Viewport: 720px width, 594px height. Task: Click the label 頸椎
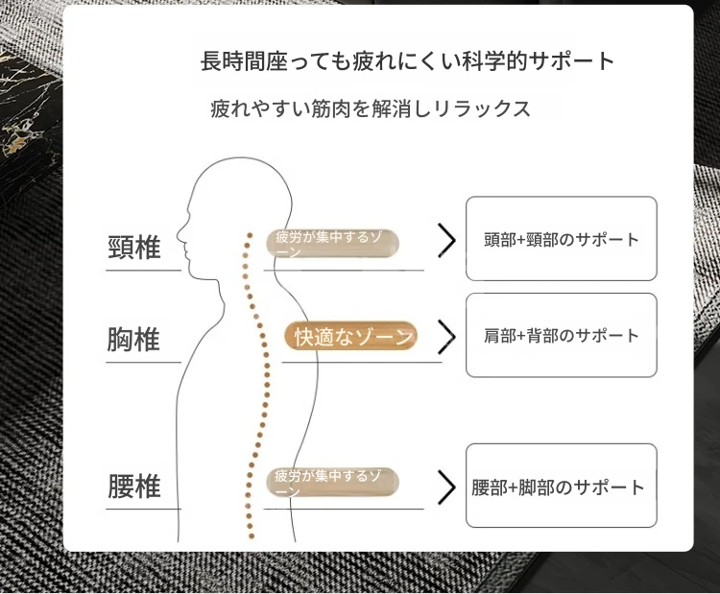coord(134,248)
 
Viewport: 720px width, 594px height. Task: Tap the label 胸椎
coord(133,340)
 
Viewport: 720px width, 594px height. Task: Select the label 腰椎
coord(134,487)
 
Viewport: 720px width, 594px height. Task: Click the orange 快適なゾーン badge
coord(351,336)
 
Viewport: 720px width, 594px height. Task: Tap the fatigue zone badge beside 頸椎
coord(332,244)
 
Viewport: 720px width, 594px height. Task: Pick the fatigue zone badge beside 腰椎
coord(332,483)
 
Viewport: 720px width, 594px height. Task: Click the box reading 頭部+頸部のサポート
coord(562,239)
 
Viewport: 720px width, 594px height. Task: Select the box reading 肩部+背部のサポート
coord(562,335)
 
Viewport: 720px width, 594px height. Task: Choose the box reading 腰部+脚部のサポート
coord(562,486)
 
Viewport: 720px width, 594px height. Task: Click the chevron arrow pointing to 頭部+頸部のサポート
coord(446,240)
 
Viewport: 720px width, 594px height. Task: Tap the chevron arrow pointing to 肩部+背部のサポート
coord(446,337)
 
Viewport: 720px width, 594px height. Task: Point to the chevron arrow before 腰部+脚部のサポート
coord(446,487)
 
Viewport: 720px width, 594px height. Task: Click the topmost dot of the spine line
coord(250,235)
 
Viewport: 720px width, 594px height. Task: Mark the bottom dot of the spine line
coord(252,535)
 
